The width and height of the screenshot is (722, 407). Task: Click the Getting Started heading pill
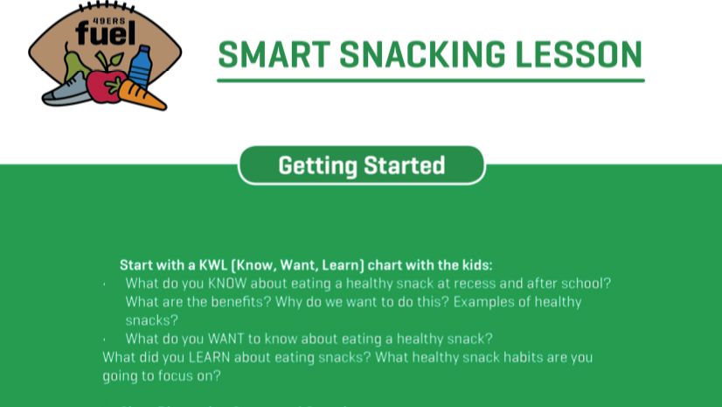pos(361,165)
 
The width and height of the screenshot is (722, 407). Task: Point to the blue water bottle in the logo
pos(140,67)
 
